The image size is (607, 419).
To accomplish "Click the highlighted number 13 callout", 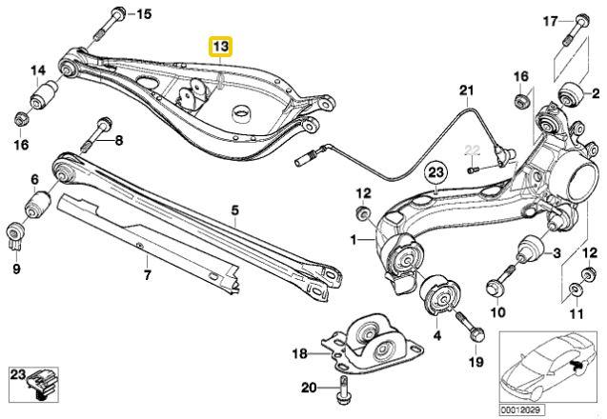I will pyautogui.click(x=220, y=46).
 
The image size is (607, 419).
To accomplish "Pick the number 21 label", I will pyautogui.click(x=465, y=92).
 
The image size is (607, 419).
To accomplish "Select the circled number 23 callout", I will pyautogui.click(x=436, y=172).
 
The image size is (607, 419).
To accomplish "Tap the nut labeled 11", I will pyautogui.click(x=577, y=288).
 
